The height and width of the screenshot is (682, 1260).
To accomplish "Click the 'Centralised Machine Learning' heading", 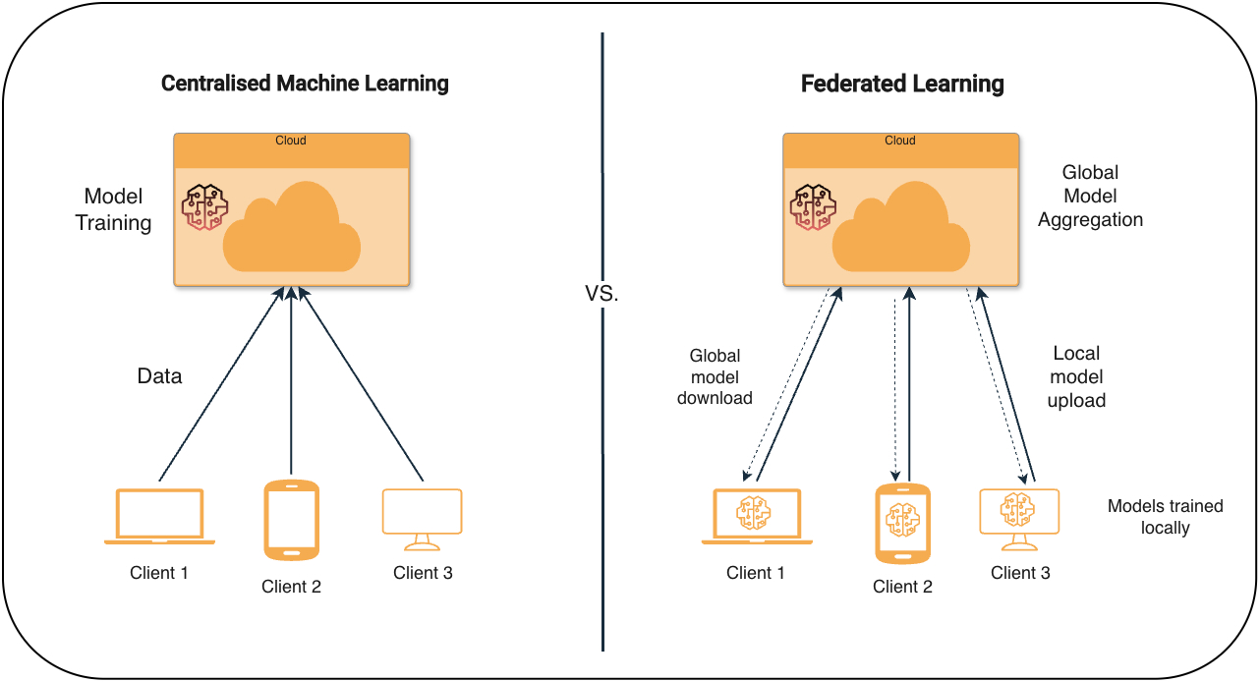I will [x=305, y=84].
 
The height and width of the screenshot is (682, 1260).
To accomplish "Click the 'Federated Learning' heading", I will [x=902, y=84].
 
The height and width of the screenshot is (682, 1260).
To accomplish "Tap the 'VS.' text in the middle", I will [x=601, y=293].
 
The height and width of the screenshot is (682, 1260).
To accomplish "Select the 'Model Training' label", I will [x=114, y=209].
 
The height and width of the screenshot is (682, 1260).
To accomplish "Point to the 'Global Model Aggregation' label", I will [x=1090, y=196].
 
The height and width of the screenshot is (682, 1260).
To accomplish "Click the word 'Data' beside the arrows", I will [x=159, y=376].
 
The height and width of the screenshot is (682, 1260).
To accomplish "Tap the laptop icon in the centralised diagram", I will [x=159, y=517].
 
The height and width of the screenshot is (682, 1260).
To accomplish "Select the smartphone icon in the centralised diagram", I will [x=292, y=520].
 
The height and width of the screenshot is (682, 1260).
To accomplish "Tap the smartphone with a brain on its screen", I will [x=902, y=523].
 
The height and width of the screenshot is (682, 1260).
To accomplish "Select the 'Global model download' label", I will [x=715, y=376].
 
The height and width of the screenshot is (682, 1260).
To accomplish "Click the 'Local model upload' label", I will [x=1076, y=376].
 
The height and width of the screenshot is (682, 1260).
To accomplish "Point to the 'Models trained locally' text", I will [x=1166, y=517].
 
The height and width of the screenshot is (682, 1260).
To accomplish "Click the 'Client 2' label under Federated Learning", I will [x=902, y=588].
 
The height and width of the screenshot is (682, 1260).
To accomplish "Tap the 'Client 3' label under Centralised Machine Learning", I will [x=423, y=573].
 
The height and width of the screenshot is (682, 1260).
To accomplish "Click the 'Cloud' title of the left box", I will [x=291, y=141].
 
